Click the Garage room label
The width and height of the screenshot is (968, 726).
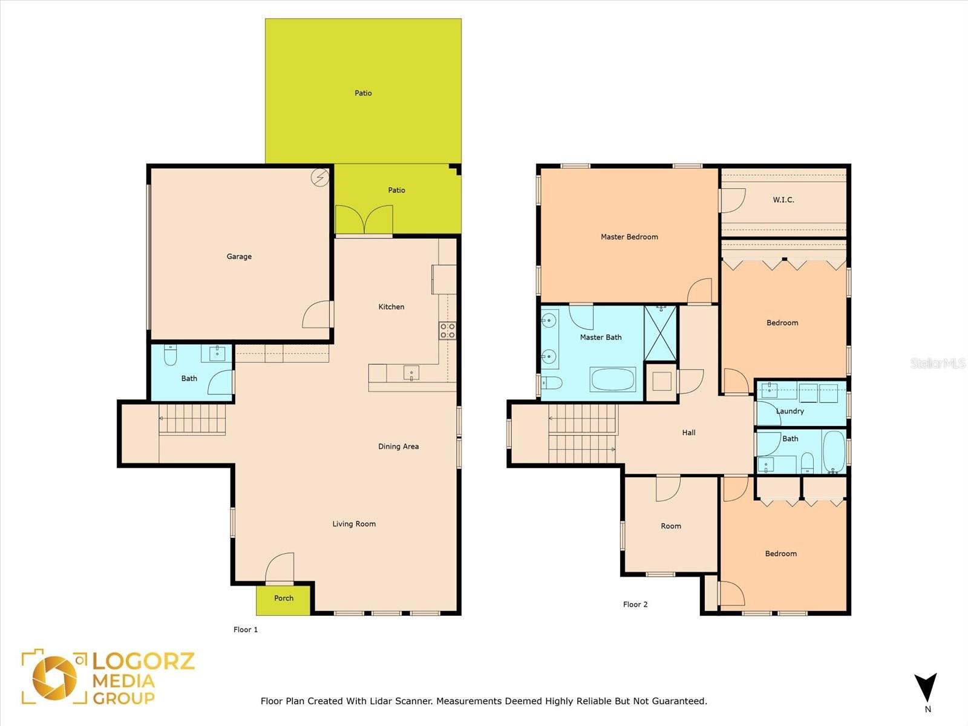click(239, 257)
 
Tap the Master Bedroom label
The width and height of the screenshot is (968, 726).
click(629, 237)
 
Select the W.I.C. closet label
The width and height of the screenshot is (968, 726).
click(783, 200)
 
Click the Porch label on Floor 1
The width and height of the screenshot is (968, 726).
click(284, 598)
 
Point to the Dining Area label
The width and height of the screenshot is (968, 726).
click(398, 446)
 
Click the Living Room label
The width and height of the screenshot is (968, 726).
click(354, 524)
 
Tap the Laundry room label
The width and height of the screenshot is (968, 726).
click(790, 411)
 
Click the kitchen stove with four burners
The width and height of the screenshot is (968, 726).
click(447, 330)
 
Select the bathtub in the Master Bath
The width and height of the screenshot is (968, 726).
click(613, 379)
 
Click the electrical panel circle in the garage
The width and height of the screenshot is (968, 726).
click(320, 178)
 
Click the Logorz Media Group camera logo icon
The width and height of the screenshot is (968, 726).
click(54, 678)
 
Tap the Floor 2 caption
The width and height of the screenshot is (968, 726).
click(635, 604)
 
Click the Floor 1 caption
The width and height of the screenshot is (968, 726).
click(246, 629)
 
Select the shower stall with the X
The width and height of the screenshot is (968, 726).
click(660, 333)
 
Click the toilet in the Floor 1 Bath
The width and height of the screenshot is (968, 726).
click(170, 355)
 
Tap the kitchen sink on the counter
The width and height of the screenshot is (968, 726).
click(411, 373)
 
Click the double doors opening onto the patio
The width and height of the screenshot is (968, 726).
click(364, 219)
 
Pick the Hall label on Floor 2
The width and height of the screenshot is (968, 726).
click(689, 433)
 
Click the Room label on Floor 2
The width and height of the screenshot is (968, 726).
click(671, 526)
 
